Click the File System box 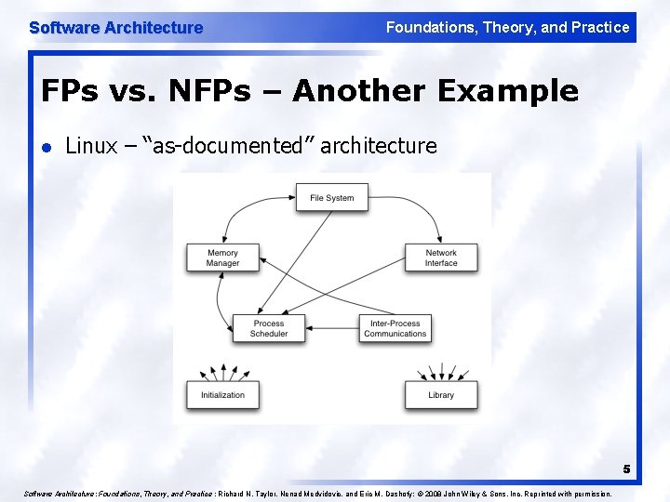tap(331, 197)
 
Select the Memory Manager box tap(222, 258)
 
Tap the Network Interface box tap(441, 258)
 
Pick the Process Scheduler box tap(269, 328)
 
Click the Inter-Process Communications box tap(395, 328)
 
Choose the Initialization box tap(222, 394)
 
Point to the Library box tap(441, 394)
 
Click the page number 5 tap(626, 469)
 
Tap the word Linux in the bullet tap(91, 146)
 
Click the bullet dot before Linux tap(47, 147)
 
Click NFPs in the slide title tap(200, 91)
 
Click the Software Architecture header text tap(115, 28)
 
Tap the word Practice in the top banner tap(597, 28)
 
